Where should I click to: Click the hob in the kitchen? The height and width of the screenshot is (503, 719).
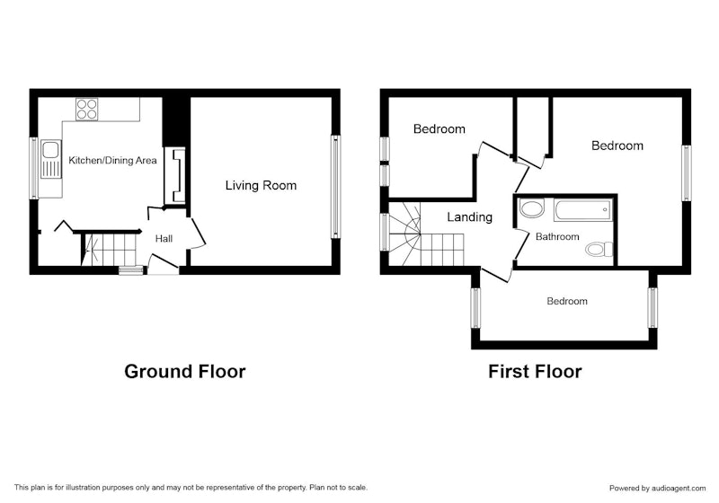click(86, 109)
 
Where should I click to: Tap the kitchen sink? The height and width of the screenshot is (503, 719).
click(51, 159)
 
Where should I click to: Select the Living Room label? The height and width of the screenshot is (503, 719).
click(261, 186)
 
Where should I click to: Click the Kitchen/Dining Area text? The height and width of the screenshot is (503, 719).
click(112, 161)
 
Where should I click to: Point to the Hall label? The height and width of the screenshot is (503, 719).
click(164, 238)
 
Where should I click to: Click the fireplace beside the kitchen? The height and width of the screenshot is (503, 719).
click(175, 175)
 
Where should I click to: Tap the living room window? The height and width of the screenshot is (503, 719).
click(335, 187)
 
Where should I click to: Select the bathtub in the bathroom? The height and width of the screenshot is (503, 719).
click(582, 210)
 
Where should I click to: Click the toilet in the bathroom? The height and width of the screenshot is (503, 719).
click(599, 249)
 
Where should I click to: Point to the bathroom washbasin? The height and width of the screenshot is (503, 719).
click(531, 208)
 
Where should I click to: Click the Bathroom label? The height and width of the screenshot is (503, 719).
click(557, 237)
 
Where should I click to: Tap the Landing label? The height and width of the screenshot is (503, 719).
click(469, 216)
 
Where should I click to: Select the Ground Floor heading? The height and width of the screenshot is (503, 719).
click(185, 372)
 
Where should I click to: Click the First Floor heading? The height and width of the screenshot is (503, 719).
click(535, 372)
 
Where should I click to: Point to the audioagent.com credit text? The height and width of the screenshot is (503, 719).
click(657, 489)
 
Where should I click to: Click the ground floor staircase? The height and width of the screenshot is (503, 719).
click(111, 250)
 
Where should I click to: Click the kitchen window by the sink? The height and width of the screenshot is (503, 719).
click(33, 168)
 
